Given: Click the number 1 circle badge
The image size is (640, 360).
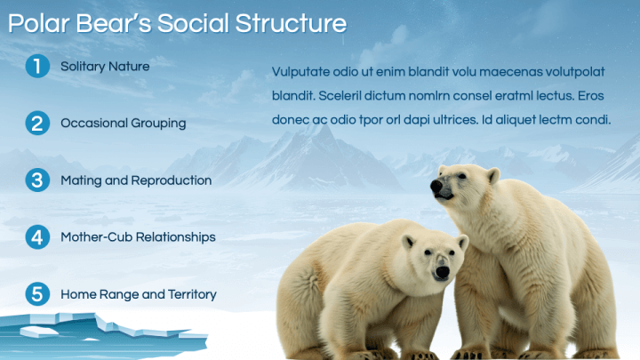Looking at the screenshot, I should (37, 67).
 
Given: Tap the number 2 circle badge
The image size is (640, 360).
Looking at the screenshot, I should (37, 124).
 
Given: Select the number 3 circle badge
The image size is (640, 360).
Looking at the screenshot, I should (37, 180).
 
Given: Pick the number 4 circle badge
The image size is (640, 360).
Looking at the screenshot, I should (37, 237).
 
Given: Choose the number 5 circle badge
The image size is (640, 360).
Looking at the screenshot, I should (37, 294).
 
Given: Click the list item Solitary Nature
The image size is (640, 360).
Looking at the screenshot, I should (105, 66).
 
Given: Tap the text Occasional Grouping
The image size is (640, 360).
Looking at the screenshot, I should (123, 124).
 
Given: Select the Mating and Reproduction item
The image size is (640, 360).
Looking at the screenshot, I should (136, 180).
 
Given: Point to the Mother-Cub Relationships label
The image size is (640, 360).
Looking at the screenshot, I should (138, 237).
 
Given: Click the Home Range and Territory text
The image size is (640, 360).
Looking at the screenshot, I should (138, 294).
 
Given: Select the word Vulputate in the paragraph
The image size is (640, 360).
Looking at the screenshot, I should (303, 71).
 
